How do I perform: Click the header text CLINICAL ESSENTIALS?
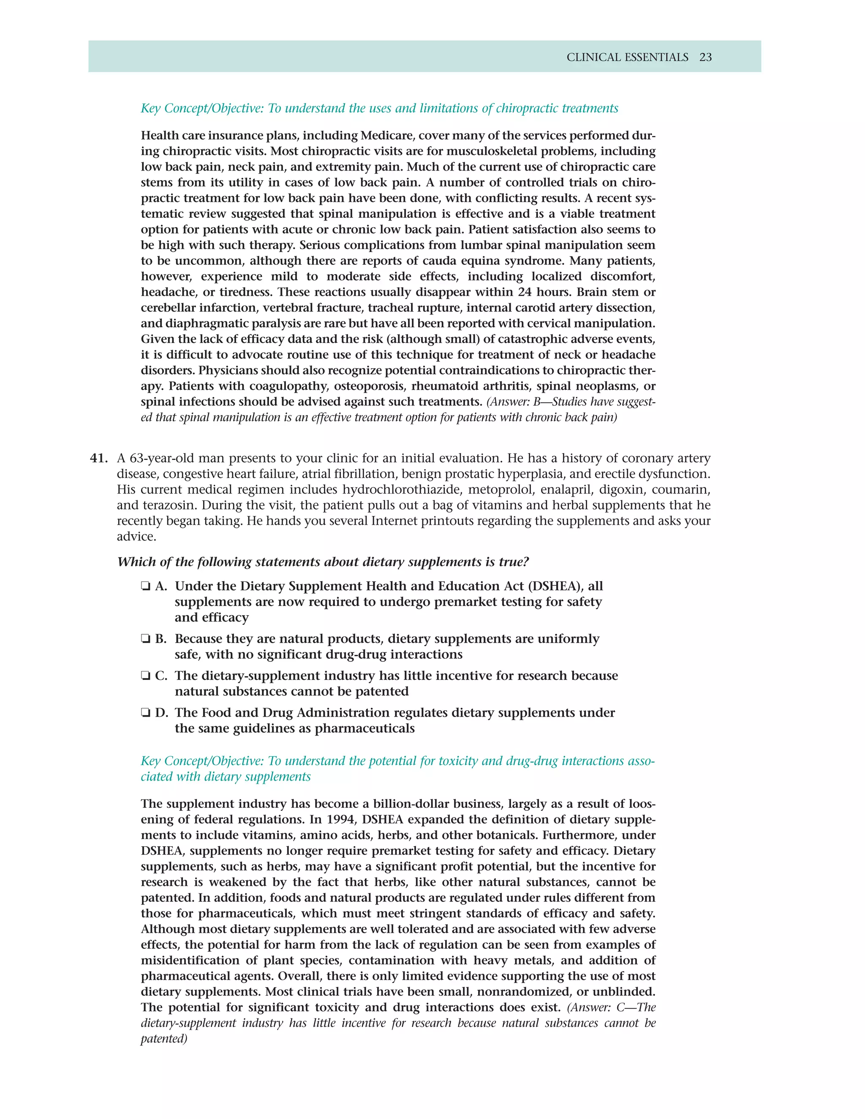click(627, 57)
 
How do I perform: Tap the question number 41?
click(98, 458)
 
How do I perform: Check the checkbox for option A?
click(146, 587)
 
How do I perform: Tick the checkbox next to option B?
click(146, 639)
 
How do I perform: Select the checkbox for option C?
click(146, 676)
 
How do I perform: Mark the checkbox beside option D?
click(146, 713)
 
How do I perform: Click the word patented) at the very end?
click(164, 1039)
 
